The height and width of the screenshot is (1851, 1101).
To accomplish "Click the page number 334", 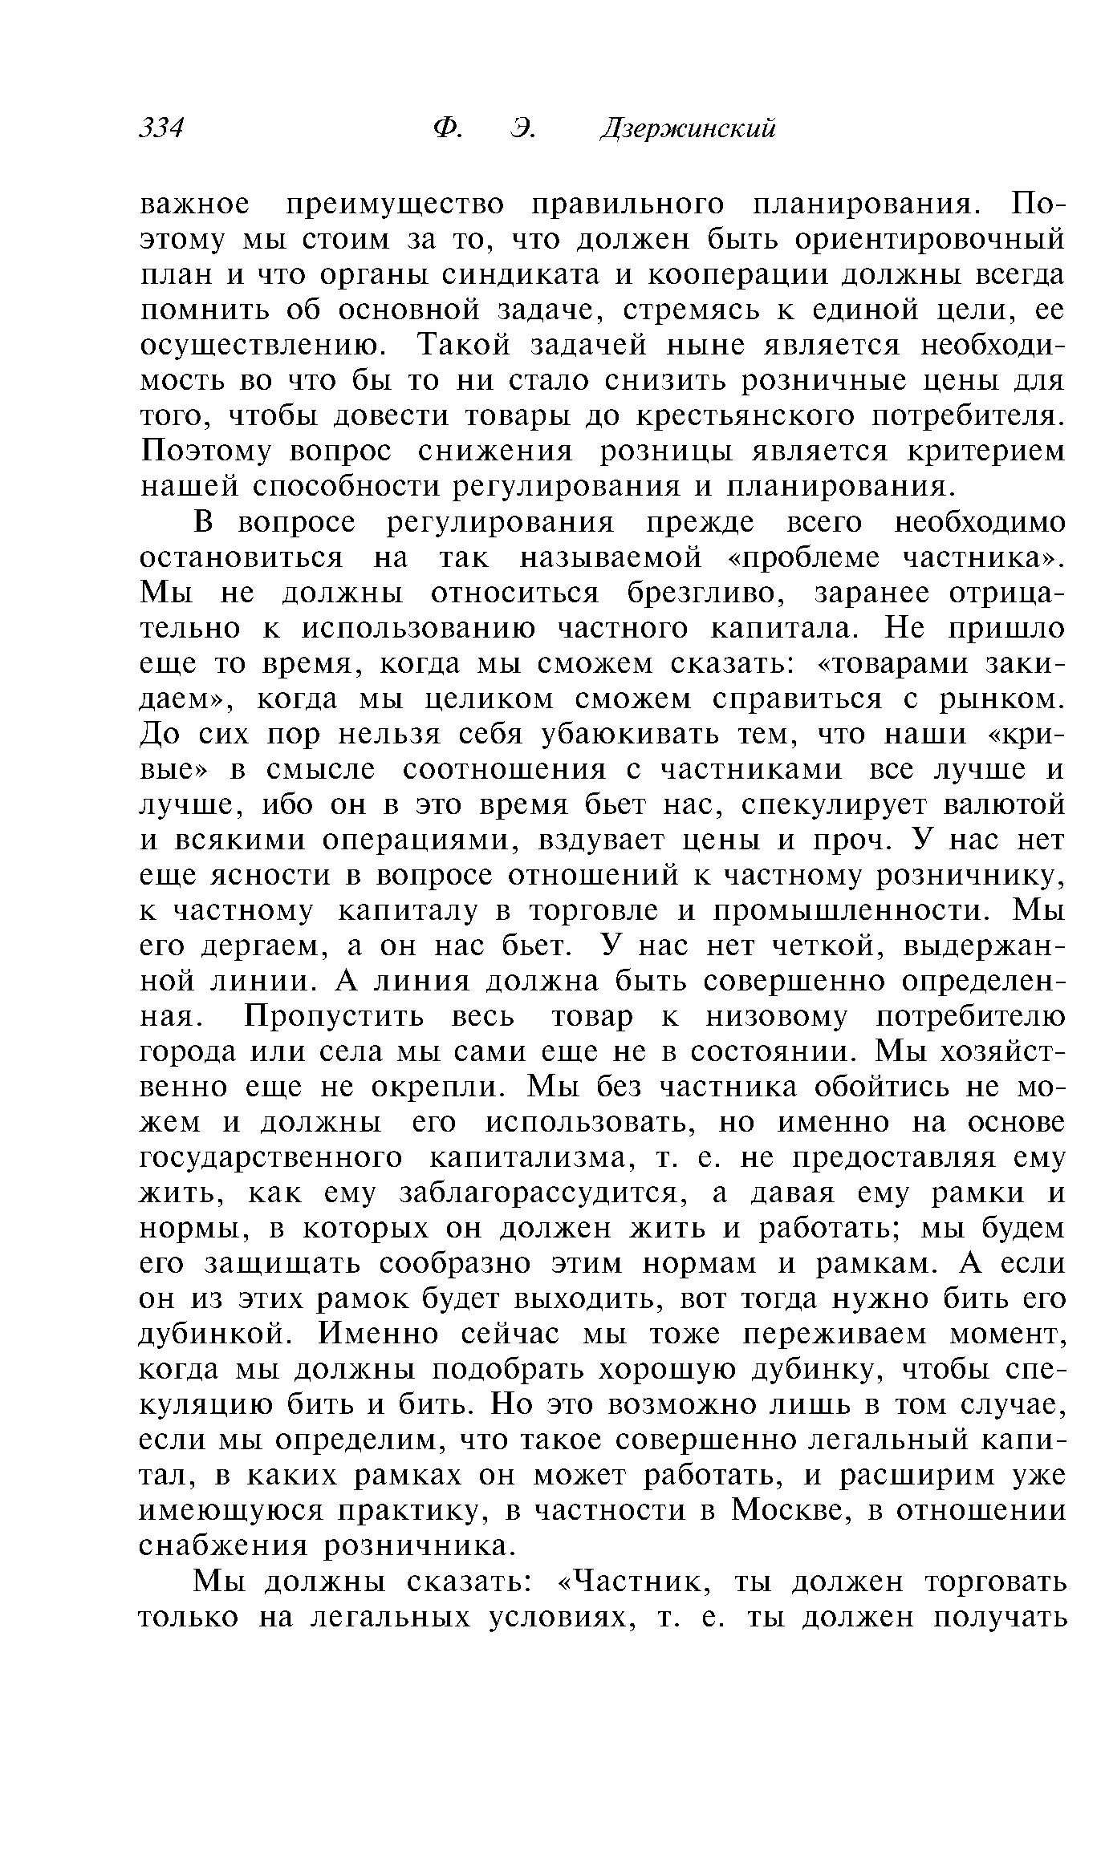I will coord(162,128).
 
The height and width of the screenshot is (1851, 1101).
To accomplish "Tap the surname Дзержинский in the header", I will coord(689,129).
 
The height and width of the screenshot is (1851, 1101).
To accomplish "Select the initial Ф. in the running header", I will coord(445,128).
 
